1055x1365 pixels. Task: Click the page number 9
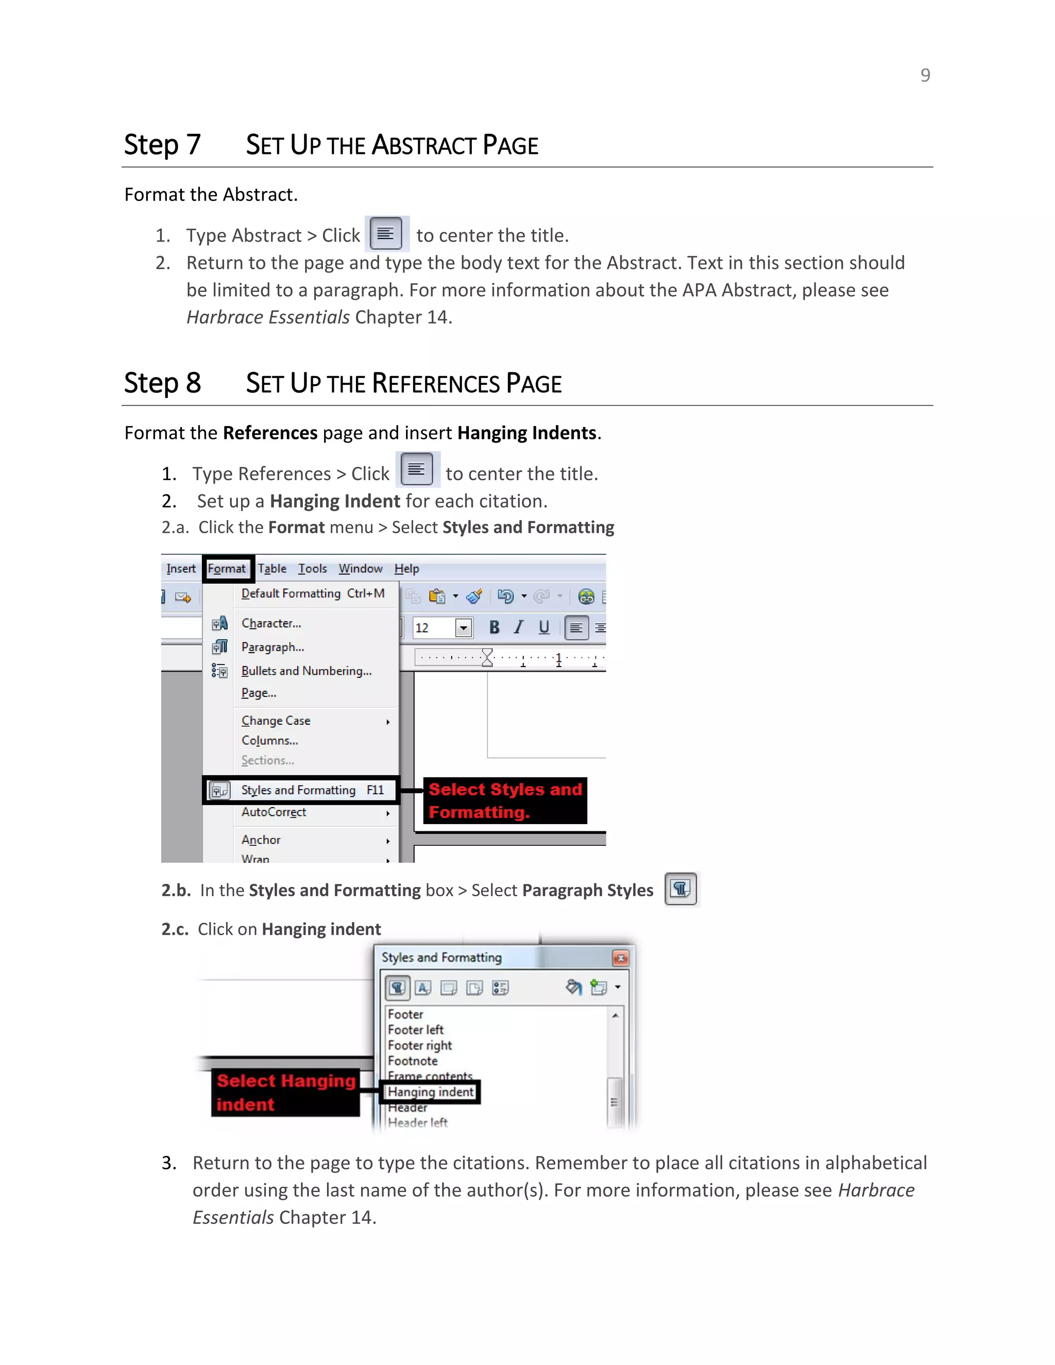pos(925,75)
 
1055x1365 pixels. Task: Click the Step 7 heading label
pos(162,145)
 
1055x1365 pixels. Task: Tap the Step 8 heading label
pos(162,383)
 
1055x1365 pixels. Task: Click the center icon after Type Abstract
pos(386,234)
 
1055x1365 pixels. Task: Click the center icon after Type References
pos(417,470)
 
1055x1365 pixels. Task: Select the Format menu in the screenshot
pos(227,569)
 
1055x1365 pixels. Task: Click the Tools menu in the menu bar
pos(312,569)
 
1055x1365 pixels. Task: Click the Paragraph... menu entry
pos(273,647)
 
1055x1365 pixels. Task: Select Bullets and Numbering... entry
pos(307,671)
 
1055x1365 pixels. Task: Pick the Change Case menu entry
pos(276,721)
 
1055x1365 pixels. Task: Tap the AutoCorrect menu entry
pos(274,812)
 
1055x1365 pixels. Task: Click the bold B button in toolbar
pos(494,627)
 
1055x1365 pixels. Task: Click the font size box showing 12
pos(434,627)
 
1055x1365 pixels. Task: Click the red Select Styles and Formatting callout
pos(505,800)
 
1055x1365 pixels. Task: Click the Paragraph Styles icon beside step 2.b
pos(680,889)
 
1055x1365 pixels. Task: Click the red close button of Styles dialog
pos(620,958)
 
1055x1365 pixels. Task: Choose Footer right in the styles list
pos(419,1046)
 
